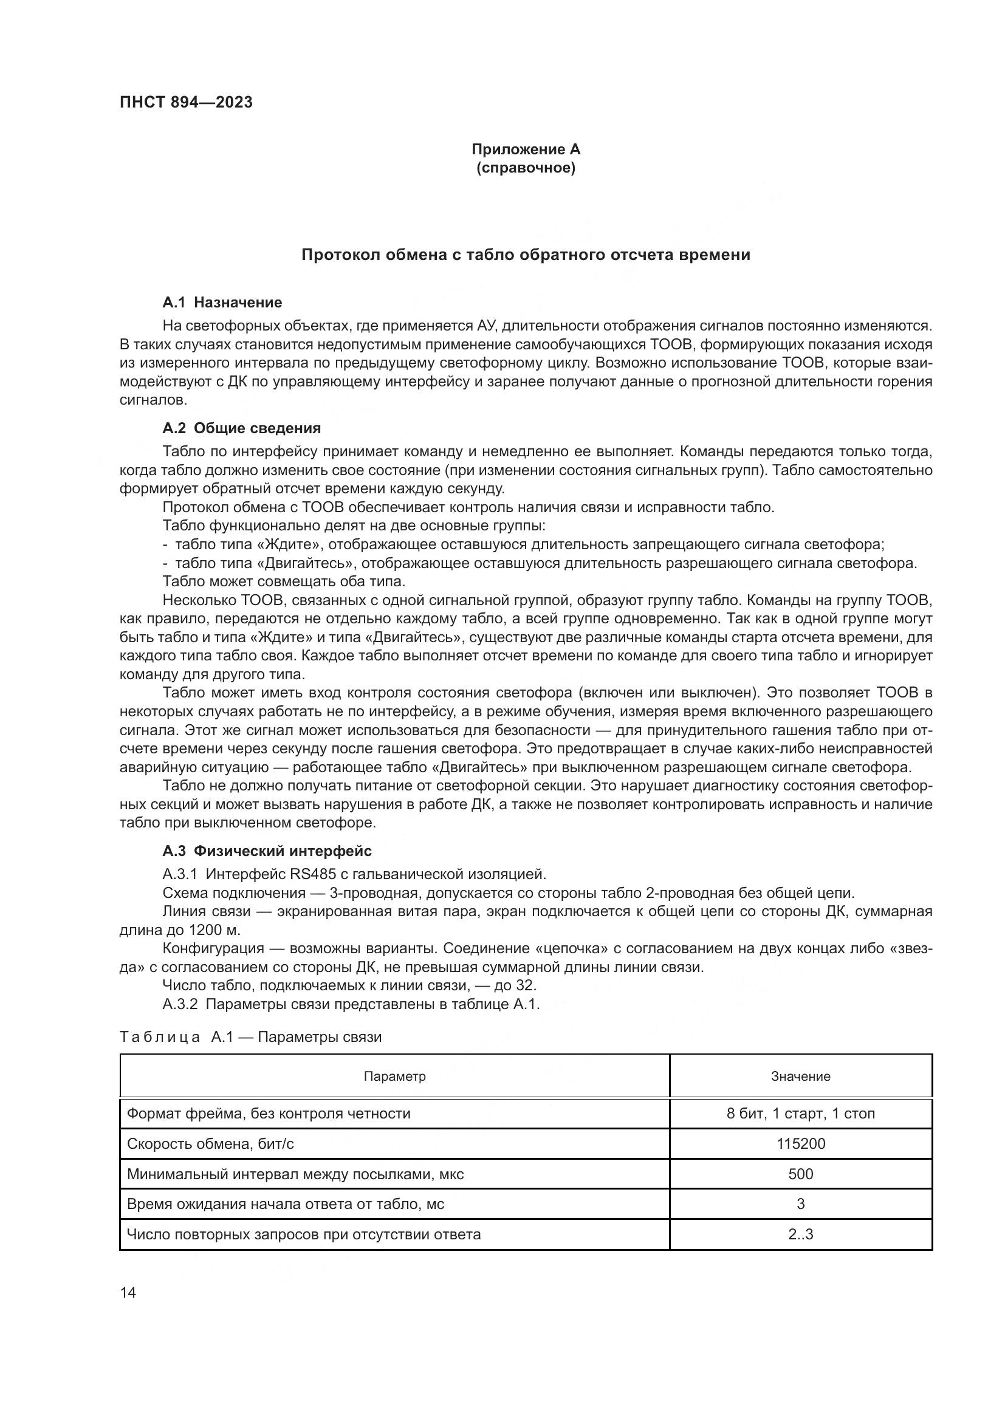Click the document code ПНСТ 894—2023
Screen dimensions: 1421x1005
(187, 103)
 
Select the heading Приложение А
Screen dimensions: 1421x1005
(526, 149)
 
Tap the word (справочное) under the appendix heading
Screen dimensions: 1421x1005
(526, 168)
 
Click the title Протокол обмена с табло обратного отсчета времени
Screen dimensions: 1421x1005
(526, 255)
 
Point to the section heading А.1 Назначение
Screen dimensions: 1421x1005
(222, 303)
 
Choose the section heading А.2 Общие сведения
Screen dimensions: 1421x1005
(242, 428)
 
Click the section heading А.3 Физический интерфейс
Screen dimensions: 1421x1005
(267, 851)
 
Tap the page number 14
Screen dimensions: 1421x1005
(128, 1292)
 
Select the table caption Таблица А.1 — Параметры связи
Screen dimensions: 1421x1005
(250, 1036)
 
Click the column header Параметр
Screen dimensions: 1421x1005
(395, 1077)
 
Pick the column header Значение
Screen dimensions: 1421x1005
(800, 1077)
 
